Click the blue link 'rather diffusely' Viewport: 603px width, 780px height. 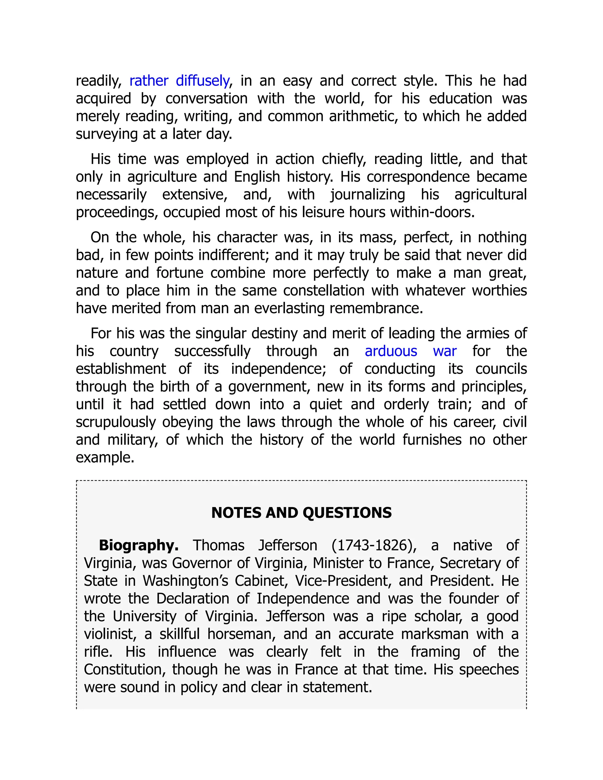click(x=179, y=81)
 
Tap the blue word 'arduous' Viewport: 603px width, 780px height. click(x=391, y=351)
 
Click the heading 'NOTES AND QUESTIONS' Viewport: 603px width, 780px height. click(x=301, y=512)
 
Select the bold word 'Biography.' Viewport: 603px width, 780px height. click(x=139, y=545)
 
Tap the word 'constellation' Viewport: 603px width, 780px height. click(x=324, y=290)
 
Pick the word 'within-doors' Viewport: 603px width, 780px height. click(x=432, y=213)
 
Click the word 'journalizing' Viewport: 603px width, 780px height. click(x=367, y=195)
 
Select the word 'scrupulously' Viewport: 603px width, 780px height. click(x=116, y=422)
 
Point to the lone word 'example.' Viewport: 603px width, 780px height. click(x=105, y=457)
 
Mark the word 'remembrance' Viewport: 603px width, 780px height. click(x=376, y=308)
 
